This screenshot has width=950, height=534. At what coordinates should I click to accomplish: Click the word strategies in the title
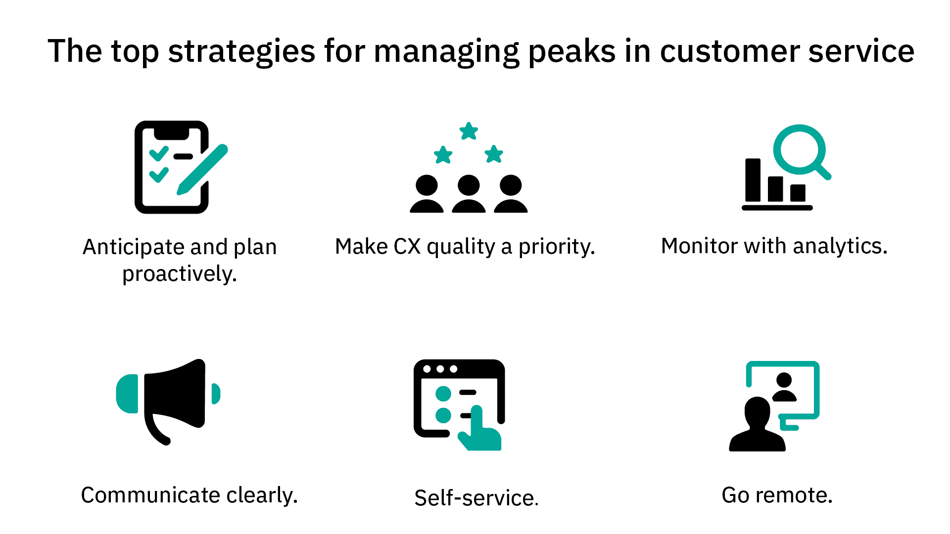tap(241, 51)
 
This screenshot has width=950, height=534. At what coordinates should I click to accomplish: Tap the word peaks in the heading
tap(571, 51)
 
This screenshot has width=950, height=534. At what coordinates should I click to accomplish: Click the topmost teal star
tap(469, 132)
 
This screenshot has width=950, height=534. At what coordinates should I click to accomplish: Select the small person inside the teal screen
tap(784, 387)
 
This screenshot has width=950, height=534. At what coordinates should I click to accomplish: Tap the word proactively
tap(179, 273)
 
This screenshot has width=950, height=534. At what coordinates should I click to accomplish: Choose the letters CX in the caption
tap(407, 246)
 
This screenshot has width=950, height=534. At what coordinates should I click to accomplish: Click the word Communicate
tap(150, 495)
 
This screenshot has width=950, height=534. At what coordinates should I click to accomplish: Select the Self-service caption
tap(476, 497)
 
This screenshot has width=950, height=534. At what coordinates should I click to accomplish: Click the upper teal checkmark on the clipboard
tap(159, 153)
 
